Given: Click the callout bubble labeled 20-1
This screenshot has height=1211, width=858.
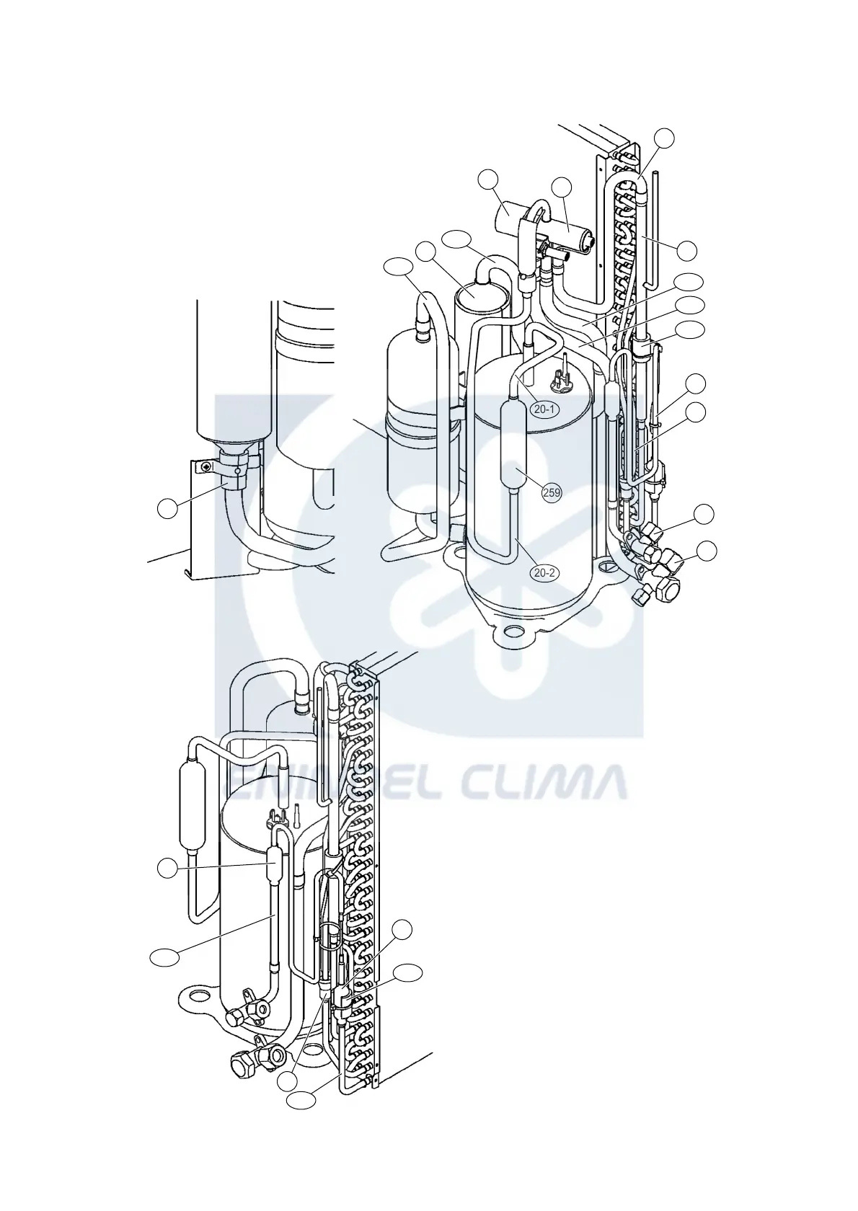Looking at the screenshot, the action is (x=544, y=409).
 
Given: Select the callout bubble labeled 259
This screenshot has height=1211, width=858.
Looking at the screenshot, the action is (x=553, y=493).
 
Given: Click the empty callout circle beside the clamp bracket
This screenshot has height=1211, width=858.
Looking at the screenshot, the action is (x=167, y=509).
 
